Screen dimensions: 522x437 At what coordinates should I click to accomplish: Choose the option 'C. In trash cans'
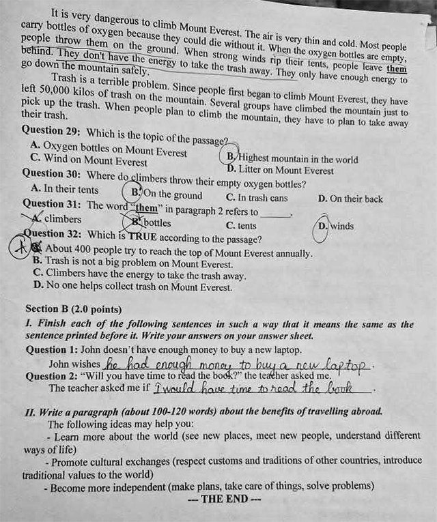tap(257, 199)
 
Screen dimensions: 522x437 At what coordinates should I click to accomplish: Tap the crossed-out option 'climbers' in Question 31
tap(62, 219)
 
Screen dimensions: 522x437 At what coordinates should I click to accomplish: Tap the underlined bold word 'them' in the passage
tap(395, 68)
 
